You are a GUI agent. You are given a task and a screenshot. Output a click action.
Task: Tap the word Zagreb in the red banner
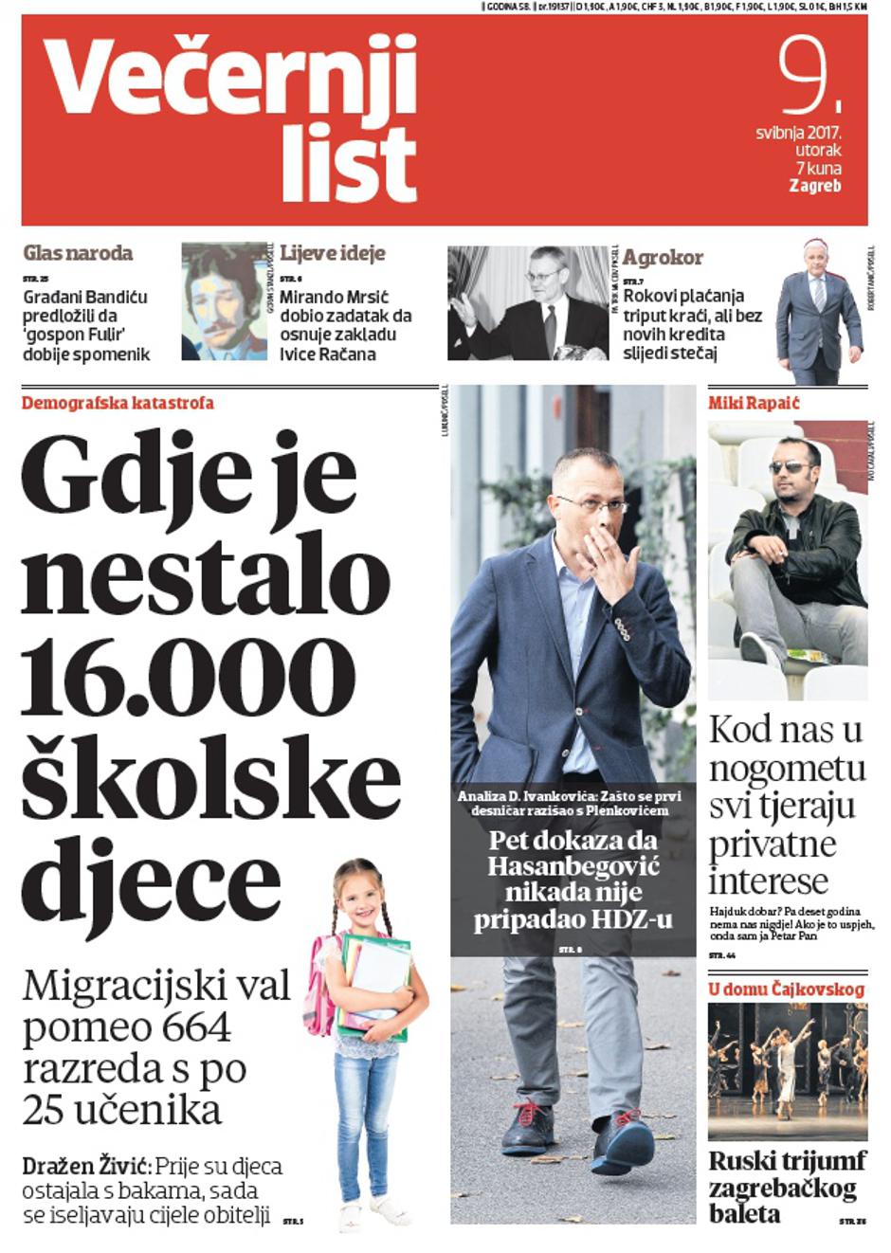coord(814,186)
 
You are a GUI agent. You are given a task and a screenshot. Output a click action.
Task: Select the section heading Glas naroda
coord(78,253)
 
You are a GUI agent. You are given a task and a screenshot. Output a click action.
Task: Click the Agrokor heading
coord(663,257)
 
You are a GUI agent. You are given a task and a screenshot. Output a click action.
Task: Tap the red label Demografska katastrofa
coord(118,403)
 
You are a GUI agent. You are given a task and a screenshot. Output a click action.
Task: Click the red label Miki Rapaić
coord(754,403)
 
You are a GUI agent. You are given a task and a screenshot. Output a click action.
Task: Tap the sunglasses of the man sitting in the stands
coord(789,466)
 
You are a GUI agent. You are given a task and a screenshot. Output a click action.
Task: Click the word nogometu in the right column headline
coord(788,768)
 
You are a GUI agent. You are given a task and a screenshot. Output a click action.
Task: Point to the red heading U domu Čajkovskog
coord(787,990)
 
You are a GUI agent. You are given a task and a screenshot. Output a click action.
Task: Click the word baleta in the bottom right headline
coord(745,1213)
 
